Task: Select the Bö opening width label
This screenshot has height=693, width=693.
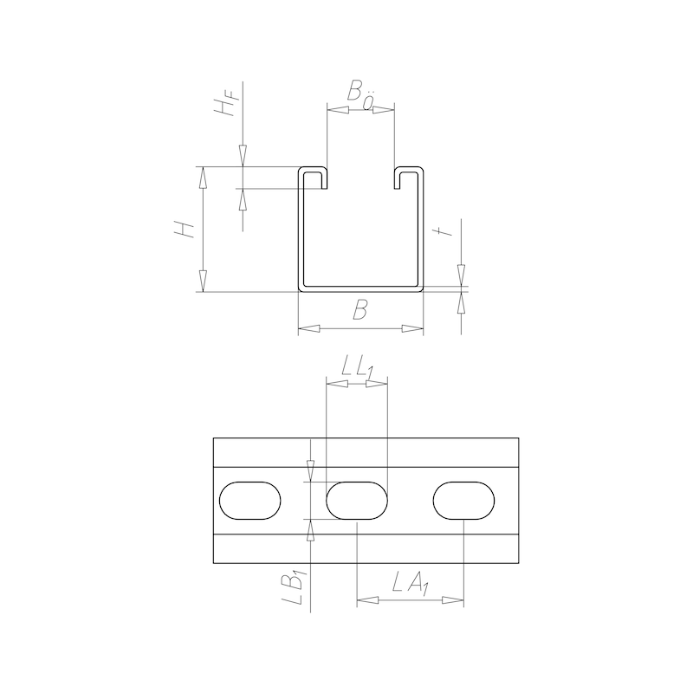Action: (x=359, y=94)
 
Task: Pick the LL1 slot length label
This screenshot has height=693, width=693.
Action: (x=356, y=368)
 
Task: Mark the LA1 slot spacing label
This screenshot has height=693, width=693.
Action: (x=409, y=586)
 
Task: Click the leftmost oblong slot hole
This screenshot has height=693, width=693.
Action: (x=250, y=501)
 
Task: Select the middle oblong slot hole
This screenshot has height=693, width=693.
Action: (x=357, y=501)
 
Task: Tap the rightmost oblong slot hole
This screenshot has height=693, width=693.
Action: (x=463, y=501)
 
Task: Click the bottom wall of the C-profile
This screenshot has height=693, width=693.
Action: (x=361, y=287)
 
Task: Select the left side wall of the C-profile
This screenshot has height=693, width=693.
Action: (x=301, y=230)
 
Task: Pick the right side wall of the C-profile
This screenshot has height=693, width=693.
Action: (x=423, y=230)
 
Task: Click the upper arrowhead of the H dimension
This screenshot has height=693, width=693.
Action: (x=203, y=178)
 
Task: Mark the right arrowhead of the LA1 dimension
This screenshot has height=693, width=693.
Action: (x=453, y=599)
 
